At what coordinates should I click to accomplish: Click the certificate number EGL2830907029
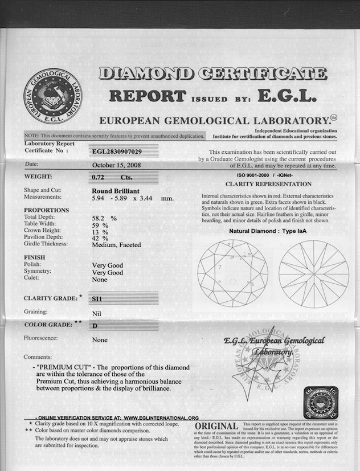117,151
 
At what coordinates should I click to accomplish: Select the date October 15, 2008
117,165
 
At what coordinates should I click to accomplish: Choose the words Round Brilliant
116,190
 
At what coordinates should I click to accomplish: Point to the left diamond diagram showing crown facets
233,274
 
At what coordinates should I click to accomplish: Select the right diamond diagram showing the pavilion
314,274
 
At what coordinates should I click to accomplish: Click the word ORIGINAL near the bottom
216,427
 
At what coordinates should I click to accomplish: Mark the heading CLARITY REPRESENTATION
268,184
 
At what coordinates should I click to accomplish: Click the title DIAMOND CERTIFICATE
213,73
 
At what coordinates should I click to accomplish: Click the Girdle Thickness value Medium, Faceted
116,244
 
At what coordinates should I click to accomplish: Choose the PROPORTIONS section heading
46,210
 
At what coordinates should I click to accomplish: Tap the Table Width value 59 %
100,224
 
